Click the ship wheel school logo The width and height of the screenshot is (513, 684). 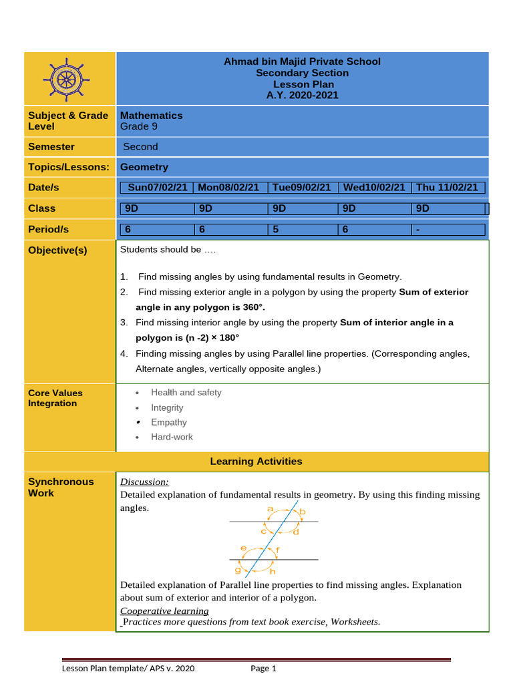66,79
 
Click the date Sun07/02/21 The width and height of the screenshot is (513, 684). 158,188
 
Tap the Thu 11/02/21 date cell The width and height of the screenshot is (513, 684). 447,188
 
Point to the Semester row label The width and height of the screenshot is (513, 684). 51,147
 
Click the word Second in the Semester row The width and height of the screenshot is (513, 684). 141,147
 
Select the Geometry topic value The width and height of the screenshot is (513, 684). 144,167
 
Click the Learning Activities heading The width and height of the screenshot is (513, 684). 256,462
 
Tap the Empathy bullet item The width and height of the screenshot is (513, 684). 169,422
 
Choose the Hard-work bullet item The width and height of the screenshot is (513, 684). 172,437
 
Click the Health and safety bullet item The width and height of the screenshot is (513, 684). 186,393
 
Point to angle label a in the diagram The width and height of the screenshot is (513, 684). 270,509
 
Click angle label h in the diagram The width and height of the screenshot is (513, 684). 272,572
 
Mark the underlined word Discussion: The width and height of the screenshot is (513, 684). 144,482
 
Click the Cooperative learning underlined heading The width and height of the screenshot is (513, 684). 164,611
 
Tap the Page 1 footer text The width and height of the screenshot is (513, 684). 263,669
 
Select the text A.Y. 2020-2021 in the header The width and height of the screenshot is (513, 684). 302,95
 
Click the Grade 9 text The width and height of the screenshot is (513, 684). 139,126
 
